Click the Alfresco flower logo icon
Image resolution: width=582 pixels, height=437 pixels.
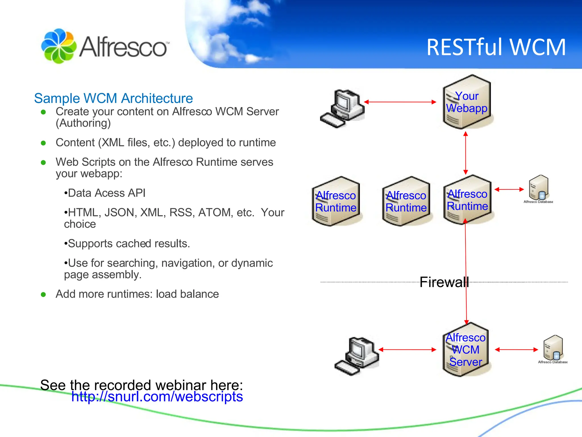[x=59, y=46]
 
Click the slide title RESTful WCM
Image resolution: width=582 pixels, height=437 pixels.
[x=496, y=47]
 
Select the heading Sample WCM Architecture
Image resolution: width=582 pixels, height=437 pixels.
[x=113, y=98]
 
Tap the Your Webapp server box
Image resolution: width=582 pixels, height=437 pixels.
[x=467, y=102]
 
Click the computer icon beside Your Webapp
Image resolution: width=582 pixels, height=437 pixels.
[x=342, y=108]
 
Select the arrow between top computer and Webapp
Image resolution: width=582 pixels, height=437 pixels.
[x=400, y=102]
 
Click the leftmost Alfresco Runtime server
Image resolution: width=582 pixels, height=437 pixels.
[x=336, y=201]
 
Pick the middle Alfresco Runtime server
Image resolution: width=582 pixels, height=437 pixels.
[x=406, y=201]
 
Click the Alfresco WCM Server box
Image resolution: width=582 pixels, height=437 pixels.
[x=465, y=350]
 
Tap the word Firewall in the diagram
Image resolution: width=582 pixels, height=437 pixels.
[x=444, y=282]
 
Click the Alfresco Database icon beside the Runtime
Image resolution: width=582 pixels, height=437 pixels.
[x=538, y=189]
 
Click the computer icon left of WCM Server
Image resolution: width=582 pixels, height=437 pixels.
[x=356, y=356]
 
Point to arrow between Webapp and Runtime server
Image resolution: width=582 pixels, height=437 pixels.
[x=465, y=153]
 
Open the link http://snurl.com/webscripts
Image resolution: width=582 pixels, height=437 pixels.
[x=157, y=397]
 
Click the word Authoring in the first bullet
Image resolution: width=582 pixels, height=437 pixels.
[x=83, y=123]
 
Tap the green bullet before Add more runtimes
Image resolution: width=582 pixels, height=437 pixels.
[x=43, y=294]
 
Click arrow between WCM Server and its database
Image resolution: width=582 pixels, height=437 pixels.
[x=516, y=350]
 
